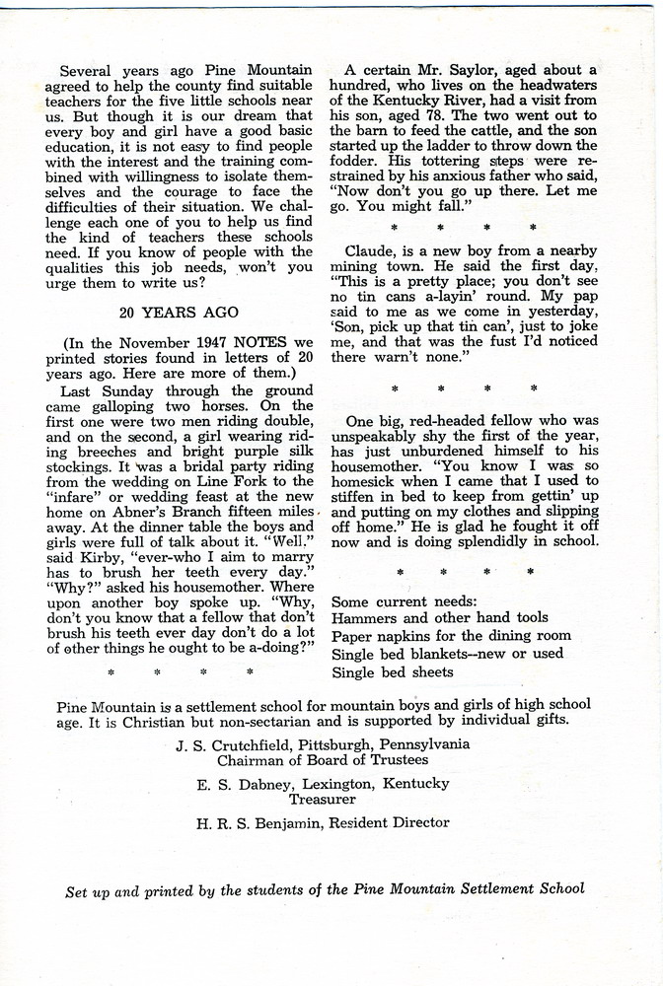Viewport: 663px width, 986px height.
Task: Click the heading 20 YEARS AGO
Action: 178,312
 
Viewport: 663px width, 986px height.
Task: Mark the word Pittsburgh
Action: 334,744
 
